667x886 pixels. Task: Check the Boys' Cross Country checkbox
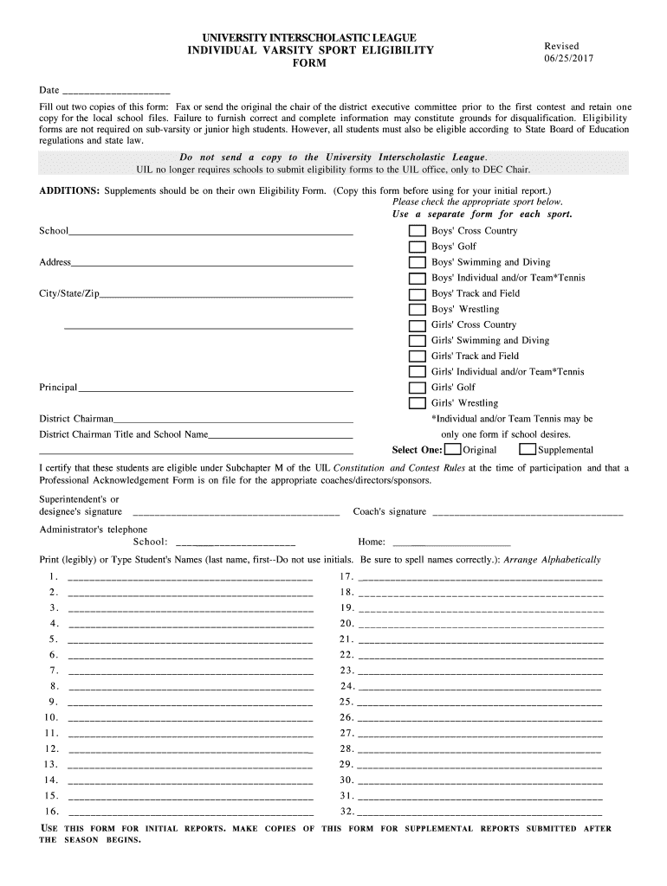coord(418,231)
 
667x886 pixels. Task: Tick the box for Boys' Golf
coord(418,247)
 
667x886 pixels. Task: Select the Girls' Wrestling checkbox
coord(418,403)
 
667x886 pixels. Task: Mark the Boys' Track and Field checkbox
coord(418,294)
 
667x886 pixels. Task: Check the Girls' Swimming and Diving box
coord(418,341)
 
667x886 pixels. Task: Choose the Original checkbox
coord(452,450)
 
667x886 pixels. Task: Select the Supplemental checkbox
coord(528,450)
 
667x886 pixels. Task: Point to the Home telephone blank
coord(451,543)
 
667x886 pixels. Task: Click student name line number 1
coord(190,578)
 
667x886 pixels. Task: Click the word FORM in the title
coord(310,64)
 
